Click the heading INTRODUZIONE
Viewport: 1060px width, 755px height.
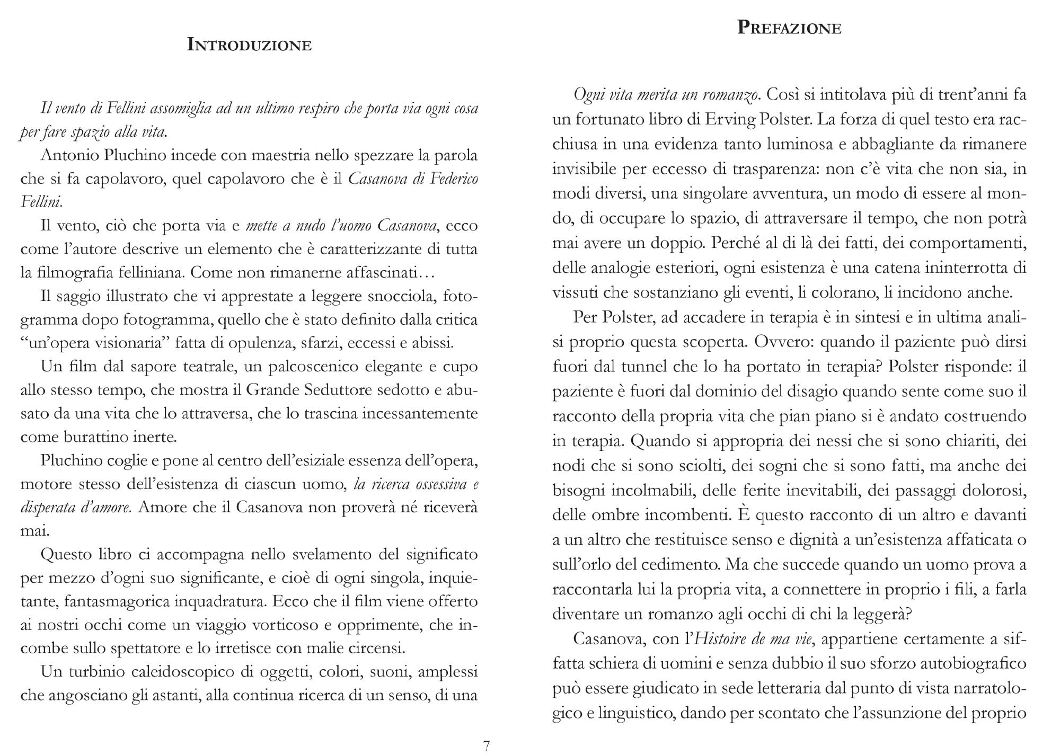(249, 45)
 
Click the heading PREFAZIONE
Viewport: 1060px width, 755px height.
(789, 28)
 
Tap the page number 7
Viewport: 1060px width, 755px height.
(487, 745)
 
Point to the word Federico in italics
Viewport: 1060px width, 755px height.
(452, 179)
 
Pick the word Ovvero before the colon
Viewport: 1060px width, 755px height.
(782, 342)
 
